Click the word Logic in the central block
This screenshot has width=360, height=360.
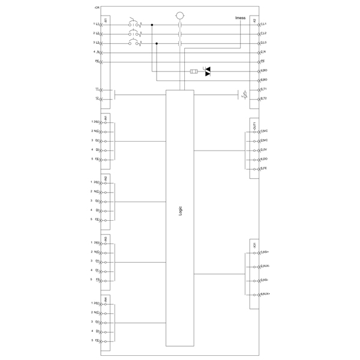pos(181,211)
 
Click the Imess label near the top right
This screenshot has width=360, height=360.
pos(240,18)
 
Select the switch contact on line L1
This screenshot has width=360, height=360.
pos(135,25)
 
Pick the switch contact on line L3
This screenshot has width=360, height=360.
pos(135,43)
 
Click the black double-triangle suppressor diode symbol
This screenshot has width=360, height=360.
pos(209,72)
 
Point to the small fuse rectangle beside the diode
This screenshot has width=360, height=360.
pos(193,72)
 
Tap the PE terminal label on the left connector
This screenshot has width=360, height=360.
pos(96,61)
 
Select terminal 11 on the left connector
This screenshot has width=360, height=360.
pos(96,89)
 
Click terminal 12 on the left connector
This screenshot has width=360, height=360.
pos(96,98)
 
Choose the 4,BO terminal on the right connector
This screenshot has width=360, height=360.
pos(264,71)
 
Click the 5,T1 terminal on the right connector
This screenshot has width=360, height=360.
pos(264,89)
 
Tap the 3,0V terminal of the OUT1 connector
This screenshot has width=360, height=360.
pos(263,149)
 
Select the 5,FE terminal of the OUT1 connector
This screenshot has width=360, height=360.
pos(263,168)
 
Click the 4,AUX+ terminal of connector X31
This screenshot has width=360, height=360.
pos(265,293)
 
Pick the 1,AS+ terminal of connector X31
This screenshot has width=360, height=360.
pos(265,252)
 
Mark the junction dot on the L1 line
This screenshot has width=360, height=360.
pos(151,25)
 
